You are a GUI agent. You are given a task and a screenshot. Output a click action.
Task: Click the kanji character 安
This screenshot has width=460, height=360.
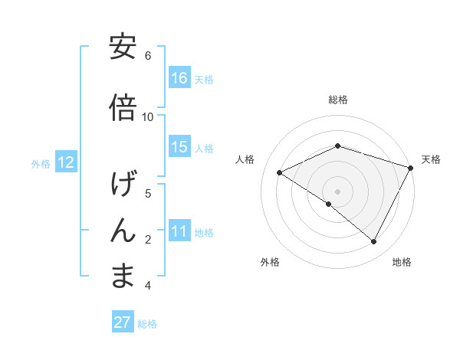pyautogui.click(x=123, y=47)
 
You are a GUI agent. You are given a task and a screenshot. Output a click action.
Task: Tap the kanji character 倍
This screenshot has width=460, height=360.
pyautogui.click(x=123, y=108)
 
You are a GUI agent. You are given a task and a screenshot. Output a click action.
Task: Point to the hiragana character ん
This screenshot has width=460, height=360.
pyautogui.click(x=123, y=231)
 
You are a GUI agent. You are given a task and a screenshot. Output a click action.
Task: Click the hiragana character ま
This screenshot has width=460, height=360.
pyautogui.click(x=123, y=277)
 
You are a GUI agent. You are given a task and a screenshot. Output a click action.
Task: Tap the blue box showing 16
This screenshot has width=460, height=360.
pyautogui.click(x=179, y=77)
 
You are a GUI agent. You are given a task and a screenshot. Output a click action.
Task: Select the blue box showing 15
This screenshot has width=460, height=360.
pyautogui.click(x=179, y=146)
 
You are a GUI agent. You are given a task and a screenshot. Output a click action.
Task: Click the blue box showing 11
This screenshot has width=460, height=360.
pyautogui.click(x=179, y=231)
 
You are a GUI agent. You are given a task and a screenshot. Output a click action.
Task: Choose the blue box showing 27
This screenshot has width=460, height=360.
pyautogui.click(x=123, y=322)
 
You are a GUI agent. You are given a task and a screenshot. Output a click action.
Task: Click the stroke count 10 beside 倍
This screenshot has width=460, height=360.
pyautogui.click(x=148, y=116)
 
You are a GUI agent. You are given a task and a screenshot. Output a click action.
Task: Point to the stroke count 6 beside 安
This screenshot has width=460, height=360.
pyautogui.click(x=148, y=55)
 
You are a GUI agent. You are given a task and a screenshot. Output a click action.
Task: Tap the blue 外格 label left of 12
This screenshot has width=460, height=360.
pyautogui.click(x=41, y=163)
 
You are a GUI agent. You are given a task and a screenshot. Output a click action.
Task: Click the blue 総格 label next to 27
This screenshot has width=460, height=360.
pyautogui.click(x=147, y=324)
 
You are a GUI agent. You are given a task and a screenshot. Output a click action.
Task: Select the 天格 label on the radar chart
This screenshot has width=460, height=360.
pyautogui.click(x=431, y=159)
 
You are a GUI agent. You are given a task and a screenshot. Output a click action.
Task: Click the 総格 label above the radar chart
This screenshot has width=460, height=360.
pyautogui.click(x=338, y=100)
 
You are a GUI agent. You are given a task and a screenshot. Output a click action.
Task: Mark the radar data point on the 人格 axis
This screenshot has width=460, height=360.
pyautogui.click(x=280, y=172)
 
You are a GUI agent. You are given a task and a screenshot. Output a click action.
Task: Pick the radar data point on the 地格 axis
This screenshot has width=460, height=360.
pyautogui.click(x=374, y=242)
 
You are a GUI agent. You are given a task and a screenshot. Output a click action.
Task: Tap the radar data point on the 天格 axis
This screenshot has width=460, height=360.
pyautogui.click(x=412, y=168)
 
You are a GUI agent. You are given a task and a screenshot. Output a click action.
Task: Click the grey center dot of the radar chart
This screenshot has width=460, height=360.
pyautogui.click(x=338, y=191)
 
